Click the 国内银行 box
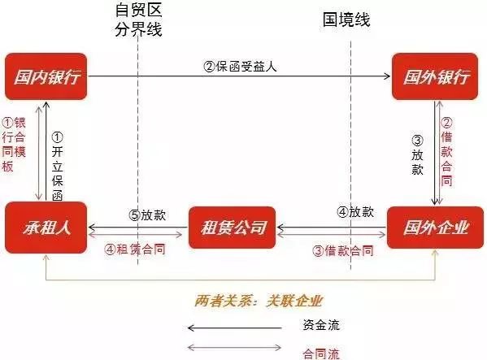46,76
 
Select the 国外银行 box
435,76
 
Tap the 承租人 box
46,228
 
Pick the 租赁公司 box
233,228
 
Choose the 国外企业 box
435,228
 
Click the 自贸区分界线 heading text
138,20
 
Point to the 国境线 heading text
346,20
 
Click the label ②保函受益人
240,66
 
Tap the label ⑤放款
147,215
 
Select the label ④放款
355,212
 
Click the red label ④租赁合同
134,249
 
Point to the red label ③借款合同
343,251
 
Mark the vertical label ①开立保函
58,167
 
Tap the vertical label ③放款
417,155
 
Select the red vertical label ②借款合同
446,152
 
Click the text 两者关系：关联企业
259,301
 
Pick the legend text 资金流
321,325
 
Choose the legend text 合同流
321,353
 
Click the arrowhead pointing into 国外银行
388,76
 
